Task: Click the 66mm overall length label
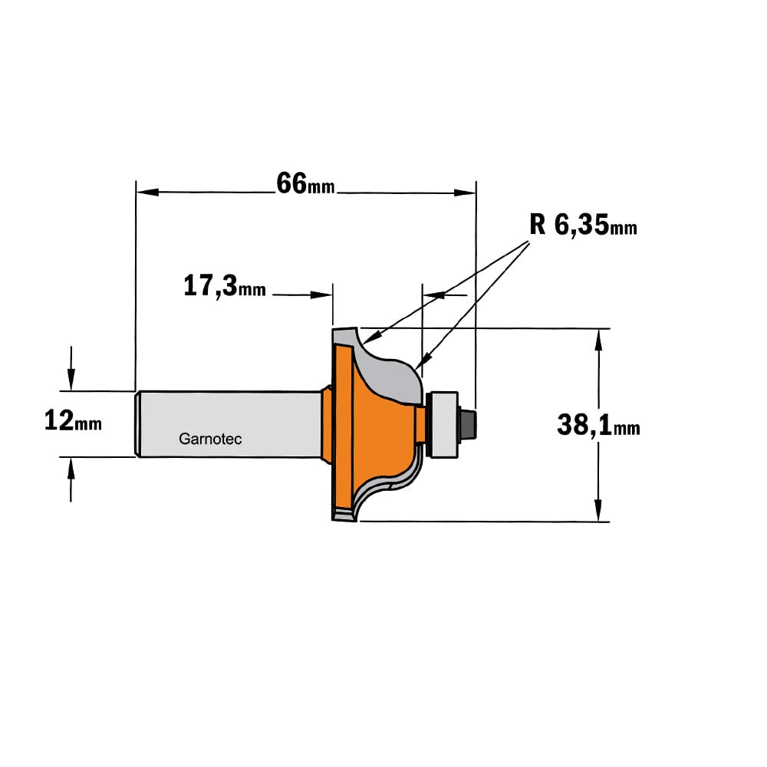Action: [305, 184]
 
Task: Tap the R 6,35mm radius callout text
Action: [583, 225]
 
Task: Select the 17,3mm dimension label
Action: [225, 286]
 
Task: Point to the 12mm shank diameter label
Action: [73, 421]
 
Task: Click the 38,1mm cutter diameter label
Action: [598, 425]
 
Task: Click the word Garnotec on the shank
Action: [210, 439]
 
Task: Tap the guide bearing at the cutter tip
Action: [443, 424]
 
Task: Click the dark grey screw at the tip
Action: [468, 424]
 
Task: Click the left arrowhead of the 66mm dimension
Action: [146, 192]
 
